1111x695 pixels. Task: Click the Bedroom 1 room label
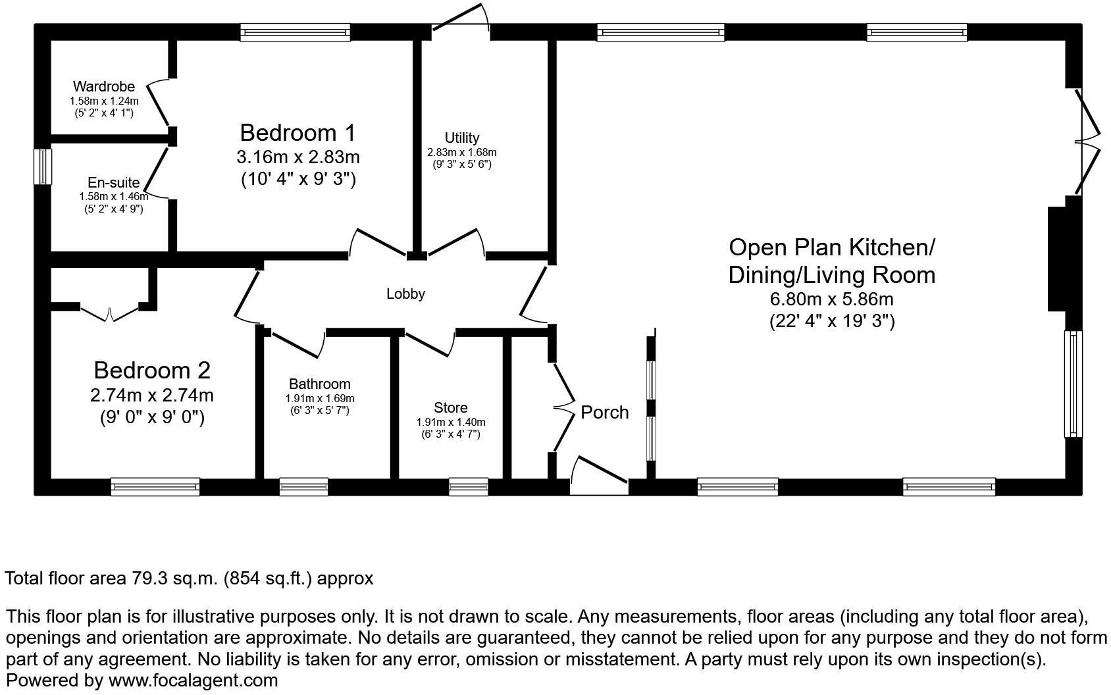(x=297, y=133)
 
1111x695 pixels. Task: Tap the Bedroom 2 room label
(x=152, y=371)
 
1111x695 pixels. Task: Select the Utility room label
(x=461, y=138)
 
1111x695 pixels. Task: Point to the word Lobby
(x=405, y=294)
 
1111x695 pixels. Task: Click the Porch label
(x=604, y=413)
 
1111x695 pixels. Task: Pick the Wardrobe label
(x=104, y=86)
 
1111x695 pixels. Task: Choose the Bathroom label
(x=319, y=384)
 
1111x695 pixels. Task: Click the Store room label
(x=451, y=408)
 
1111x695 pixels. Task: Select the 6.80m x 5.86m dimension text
(x=831, y=299)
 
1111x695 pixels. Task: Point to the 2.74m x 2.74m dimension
(x=152, y=396)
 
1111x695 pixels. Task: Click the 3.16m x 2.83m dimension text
(x=297, y=158)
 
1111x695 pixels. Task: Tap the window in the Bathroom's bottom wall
(x=303, y=487)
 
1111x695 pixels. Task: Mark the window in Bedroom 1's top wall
(x=295, y=32)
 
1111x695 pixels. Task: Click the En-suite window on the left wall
(x=43, y=167)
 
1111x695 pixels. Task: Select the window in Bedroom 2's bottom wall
(x=155, y=487)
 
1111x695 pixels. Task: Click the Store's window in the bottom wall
(x=469, y=487)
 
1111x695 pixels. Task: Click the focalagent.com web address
(x=193, y=681)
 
